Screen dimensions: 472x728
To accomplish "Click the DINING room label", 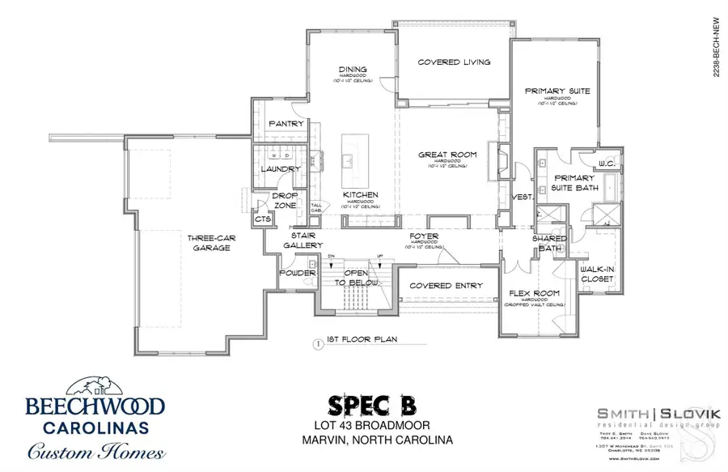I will (x=353, y=70).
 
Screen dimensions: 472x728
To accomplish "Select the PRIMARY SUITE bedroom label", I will (x=557, y=91).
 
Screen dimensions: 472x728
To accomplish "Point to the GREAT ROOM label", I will (x=439, y=155).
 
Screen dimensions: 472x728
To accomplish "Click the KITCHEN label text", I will (x=360, y=195).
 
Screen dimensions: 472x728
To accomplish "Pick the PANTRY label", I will (x=286, y=124).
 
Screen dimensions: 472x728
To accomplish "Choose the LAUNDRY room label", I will (x=281, y=169).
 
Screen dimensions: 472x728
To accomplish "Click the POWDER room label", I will (x=298, y=273).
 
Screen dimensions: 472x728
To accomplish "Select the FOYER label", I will (x=424, y=236).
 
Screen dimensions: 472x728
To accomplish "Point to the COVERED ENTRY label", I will (x=446, y=286).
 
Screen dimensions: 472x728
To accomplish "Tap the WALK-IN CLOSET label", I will (x=597, y=273).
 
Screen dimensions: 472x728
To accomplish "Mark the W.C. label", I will (x=607, y=164).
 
